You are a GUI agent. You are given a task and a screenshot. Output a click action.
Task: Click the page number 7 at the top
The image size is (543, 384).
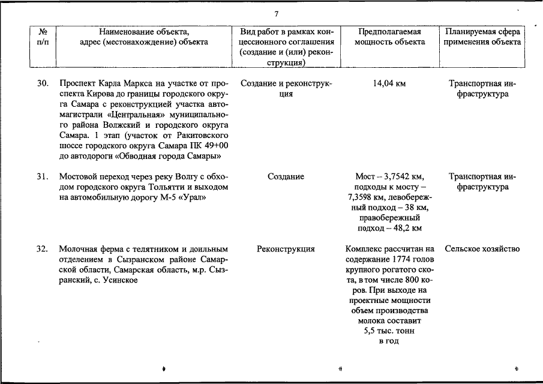coord(277,14)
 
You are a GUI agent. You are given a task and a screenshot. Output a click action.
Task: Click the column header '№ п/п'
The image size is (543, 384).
coord(43,37)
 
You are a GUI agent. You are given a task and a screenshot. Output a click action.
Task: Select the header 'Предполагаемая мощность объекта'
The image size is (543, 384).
coord(389,37)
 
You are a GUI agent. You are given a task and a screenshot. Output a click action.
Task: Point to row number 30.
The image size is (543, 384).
coord(42,83)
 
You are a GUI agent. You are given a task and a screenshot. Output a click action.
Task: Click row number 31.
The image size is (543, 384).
coord(42,177)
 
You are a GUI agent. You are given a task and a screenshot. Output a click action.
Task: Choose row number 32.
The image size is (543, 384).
coord(42,249)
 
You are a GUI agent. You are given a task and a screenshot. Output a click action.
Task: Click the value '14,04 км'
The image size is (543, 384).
coord(389,83)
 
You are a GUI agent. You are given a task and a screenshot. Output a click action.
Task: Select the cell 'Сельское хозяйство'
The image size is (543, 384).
coord(482,249)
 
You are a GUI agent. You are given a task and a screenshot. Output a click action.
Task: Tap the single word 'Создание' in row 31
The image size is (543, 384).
coord(286,177)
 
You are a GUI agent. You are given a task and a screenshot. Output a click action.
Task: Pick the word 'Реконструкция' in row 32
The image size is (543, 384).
coord(286,249)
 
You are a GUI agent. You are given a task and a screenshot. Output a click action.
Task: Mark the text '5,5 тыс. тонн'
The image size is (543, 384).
coord(389,331)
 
